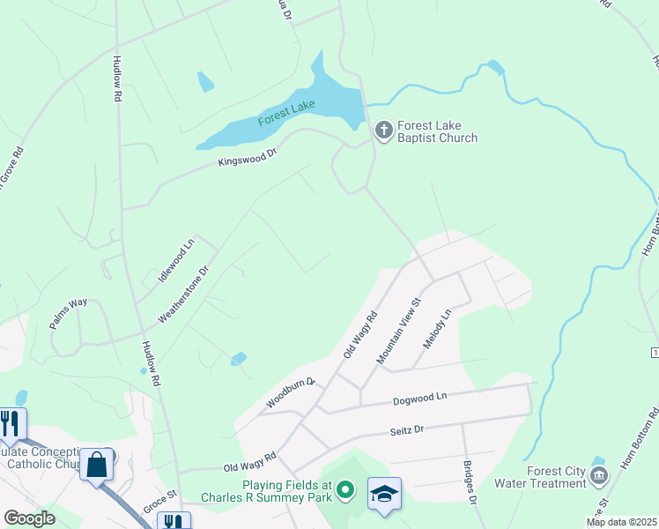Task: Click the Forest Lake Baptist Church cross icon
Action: (x=383, y=130)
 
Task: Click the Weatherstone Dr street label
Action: (x=183, y=295)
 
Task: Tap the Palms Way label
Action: (x=68, y=314)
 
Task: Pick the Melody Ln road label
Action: (x=437, y=327)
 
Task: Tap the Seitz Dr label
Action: (x=407, y=430)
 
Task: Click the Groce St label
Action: (x=160, y=500)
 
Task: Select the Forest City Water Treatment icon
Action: (x=599, y=477)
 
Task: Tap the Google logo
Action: (x=29, y=518)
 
